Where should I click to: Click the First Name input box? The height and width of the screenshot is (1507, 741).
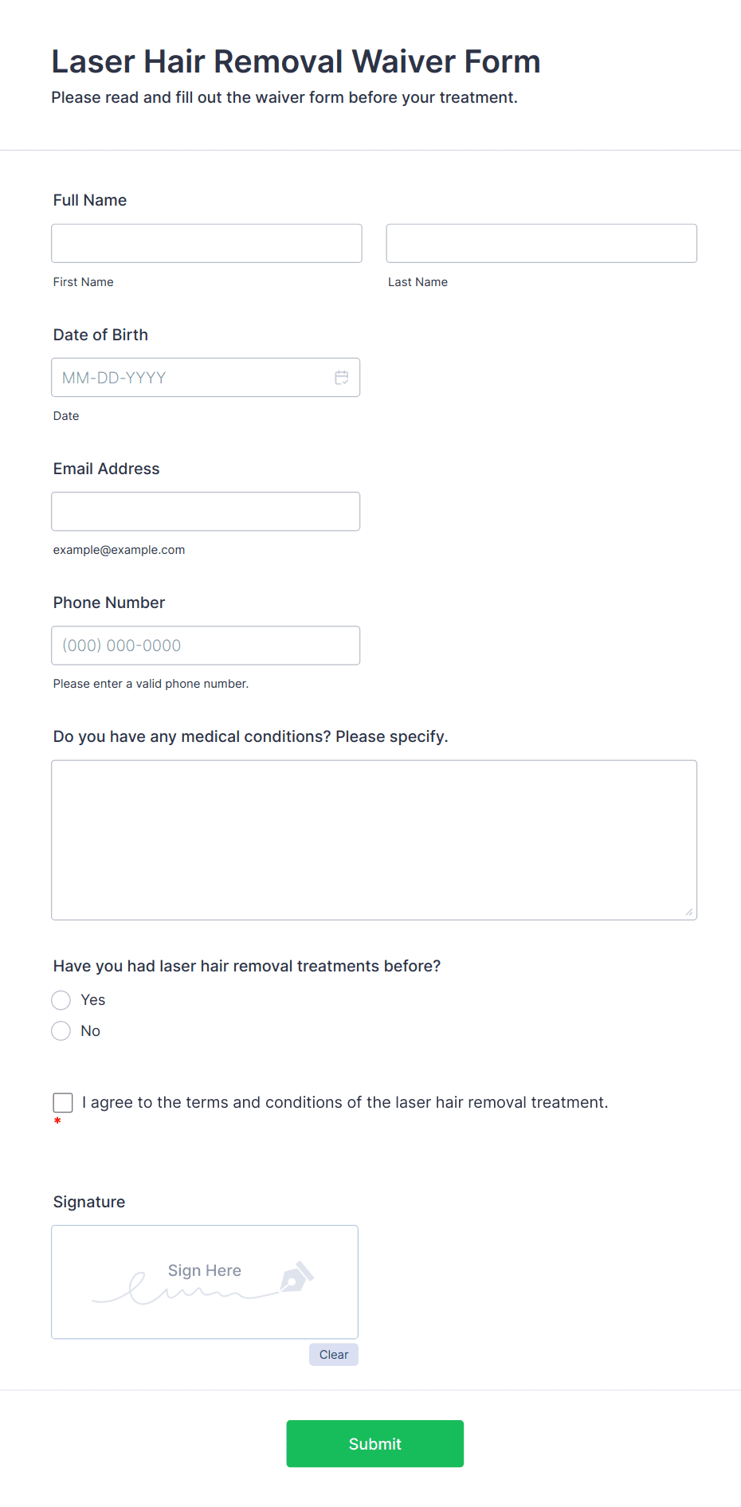(206, 243)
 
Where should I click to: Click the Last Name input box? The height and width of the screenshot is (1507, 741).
(541, 243)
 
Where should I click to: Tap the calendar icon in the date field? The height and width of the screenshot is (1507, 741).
(342, 378)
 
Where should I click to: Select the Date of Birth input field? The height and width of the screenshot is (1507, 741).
(191, 378)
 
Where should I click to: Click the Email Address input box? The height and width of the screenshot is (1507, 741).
(206, 512)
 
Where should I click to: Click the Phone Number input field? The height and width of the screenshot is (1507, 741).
(206, 646)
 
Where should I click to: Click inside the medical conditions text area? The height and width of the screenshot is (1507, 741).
(374, 840)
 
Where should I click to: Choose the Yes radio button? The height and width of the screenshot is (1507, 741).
(61, 1000)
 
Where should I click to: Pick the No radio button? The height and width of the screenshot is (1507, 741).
(61, 1031)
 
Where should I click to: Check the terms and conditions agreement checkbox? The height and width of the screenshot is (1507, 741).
(63, 1103)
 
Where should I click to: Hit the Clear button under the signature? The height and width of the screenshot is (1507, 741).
(334, 1355)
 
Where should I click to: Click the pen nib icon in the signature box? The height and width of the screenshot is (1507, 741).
(296, 1277)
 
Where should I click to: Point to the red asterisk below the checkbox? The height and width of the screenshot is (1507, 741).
(57, 1121)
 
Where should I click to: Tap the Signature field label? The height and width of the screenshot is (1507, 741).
(89, 1202)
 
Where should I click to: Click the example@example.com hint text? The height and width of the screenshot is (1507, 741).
(119, 550)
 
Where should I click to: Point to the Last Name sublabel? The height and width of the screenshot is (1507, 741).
(418, 282)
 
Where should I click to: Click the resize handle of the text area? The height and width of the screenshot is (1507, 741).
(689, 912)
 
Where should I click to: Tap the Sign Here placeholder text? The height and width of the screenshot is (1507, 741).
(205, 1270)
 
